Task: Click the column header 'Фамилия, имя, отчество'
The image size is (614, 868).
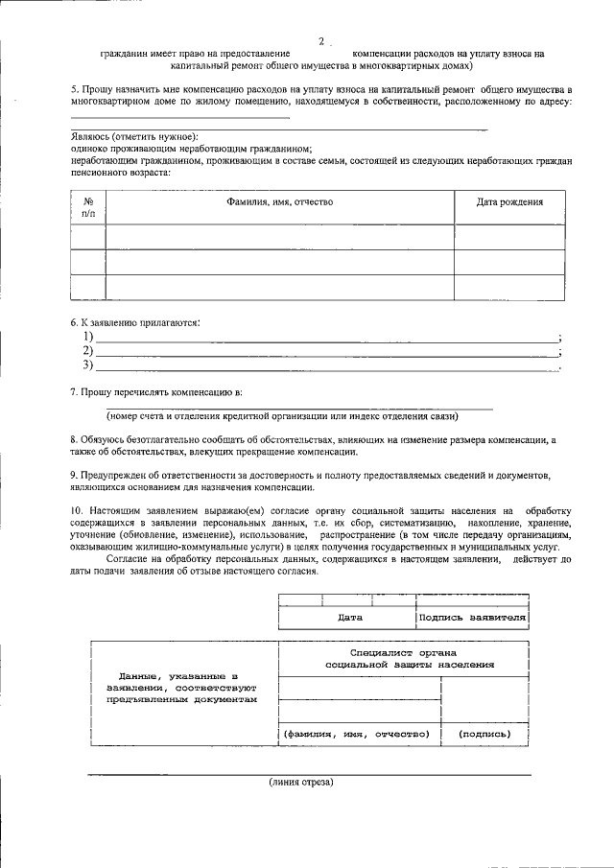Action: click(x=279, y=202)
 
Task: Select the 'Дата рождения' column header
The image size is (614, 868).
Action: click(x=509, y=202)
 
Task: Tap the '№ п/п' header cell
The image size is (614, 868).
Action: click(x=88, y=208)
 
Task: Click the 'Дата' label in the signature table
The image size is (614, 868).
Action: click(x=349, y=618)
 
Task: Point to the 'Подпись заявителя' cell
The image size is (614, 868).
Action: click(x=472, y=618)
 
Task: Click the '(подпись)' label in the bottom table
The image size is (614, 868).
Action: click(x=484, y=735)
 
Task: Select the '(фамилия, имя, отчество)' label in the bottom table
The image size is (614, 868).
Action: click(x=354, y=735)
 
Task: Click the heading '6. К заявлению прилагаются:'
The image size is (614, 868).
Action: click(x=135, y=323)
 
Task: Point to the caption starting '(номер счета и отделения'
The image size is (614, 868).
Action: click(x=282, y=416)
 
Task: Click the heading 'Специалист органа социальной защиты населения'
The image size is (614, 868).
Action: click(x=410, y=657)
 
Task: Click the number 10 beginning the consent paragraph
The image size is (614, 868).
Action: click(x=77, y=507)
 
